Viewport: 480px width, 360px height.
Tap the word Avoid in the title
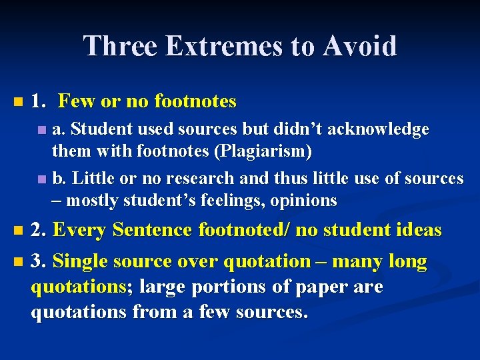[361, 46]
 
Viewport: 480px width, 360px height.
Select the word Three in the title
[121, 46]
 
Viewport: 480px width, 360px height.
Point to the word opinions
[304, 201]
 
